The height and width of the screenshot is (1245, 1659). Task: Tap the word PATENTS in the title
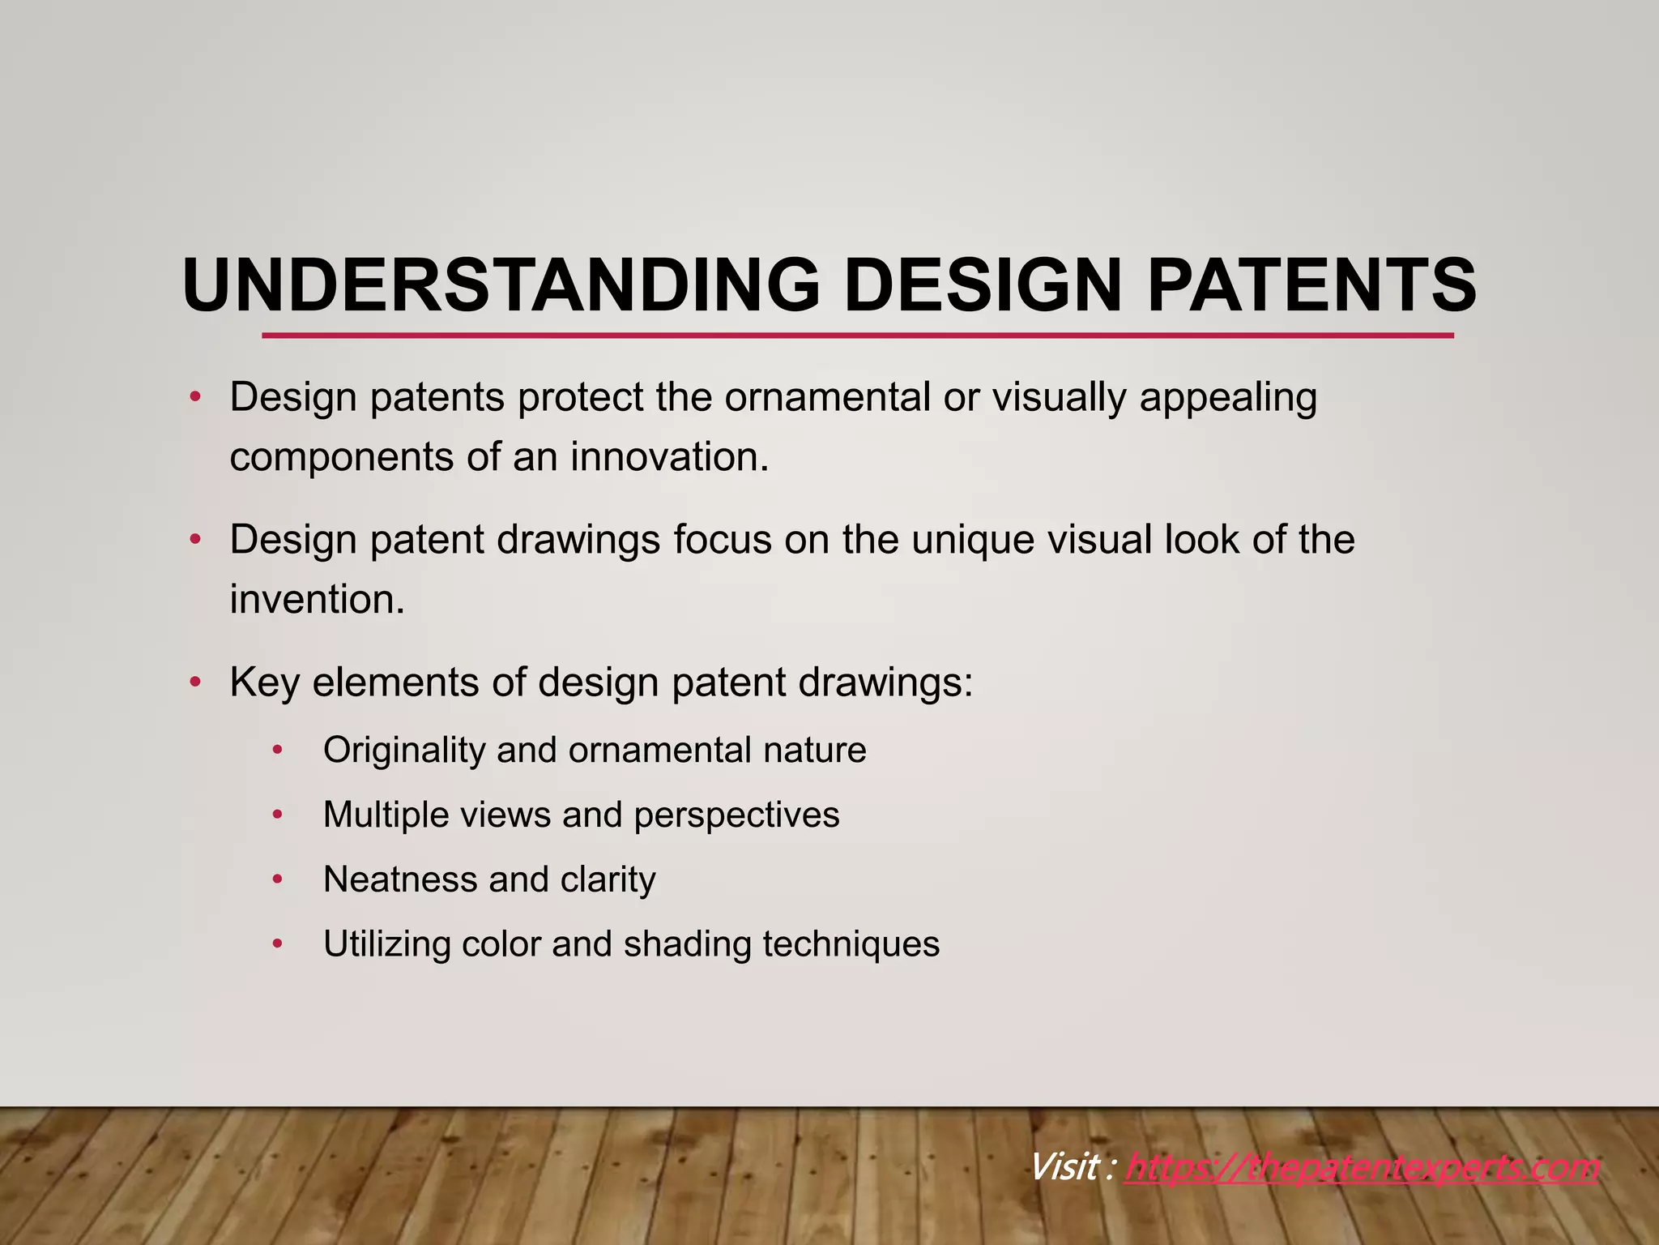coord(1311,285)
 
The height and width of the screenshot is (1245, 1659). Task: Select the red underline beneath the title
coord(857,335)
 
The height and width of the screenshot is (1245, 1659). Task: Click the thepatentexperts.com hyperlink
coord(1362,1168)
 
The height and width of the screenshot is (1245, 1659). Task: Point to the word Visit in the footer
coord(1064,1168)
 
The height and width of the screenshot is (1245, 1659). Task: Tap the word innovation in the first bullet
coord(669,456)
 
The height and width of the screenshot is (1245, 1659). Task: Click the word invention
coord(317,600)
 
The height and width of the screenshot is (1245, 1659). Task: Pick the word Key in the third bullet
coord(264,682)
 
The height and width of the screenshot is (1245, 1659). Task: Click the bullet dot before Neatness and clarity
coord(277,879)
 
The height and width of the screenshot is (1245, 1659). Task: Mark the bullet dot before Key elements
coord(194,682)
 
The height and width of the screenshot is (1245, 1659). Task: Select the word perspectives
coord(736,815)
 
